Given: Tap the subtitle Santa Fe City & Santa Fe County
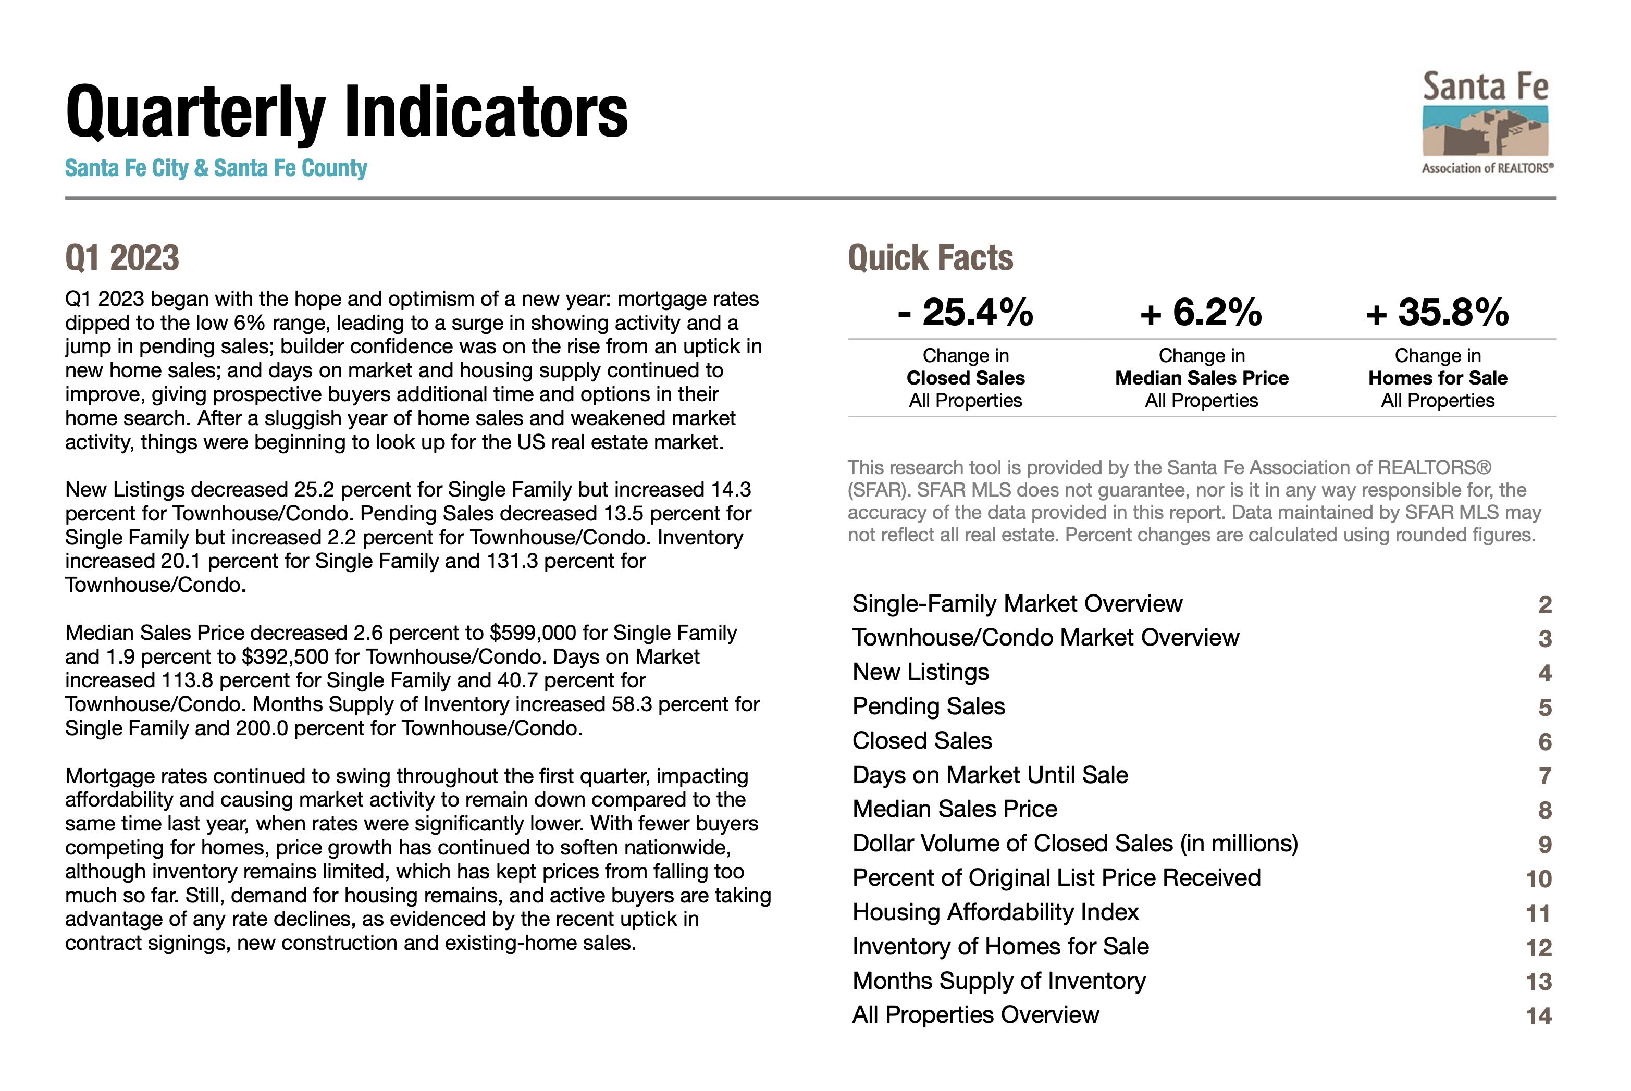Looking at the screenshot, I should pos(216,168).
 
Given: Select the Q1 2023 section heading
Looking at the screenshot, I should pos(122,258).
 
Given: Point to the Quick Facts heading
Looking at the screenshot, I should pos(930,258).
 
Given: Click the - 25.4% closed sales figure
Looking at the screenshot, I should pos(965,313).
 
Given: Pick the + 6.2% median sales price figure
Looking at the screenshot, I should pos(1201,313).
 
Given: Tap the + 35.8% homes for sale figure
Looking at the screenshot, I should pos(1438,313).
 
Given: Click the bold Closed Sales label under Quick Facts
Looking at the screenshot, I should pos(965,378).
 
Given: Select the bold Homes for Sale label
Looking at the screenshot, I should pos(1438,378).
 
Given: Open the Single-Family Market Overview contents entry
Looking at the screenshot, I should pos(1017,604).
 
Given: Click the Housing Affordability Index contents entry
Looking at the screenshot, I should pos(995,912).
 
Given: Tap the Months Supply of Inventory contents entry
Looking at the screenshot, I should pos(998,981).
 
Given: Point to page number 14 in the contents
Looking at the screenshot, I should pos(1538,1016).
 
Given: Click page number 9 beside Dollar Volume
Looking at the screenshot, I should pos(1544,845).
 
